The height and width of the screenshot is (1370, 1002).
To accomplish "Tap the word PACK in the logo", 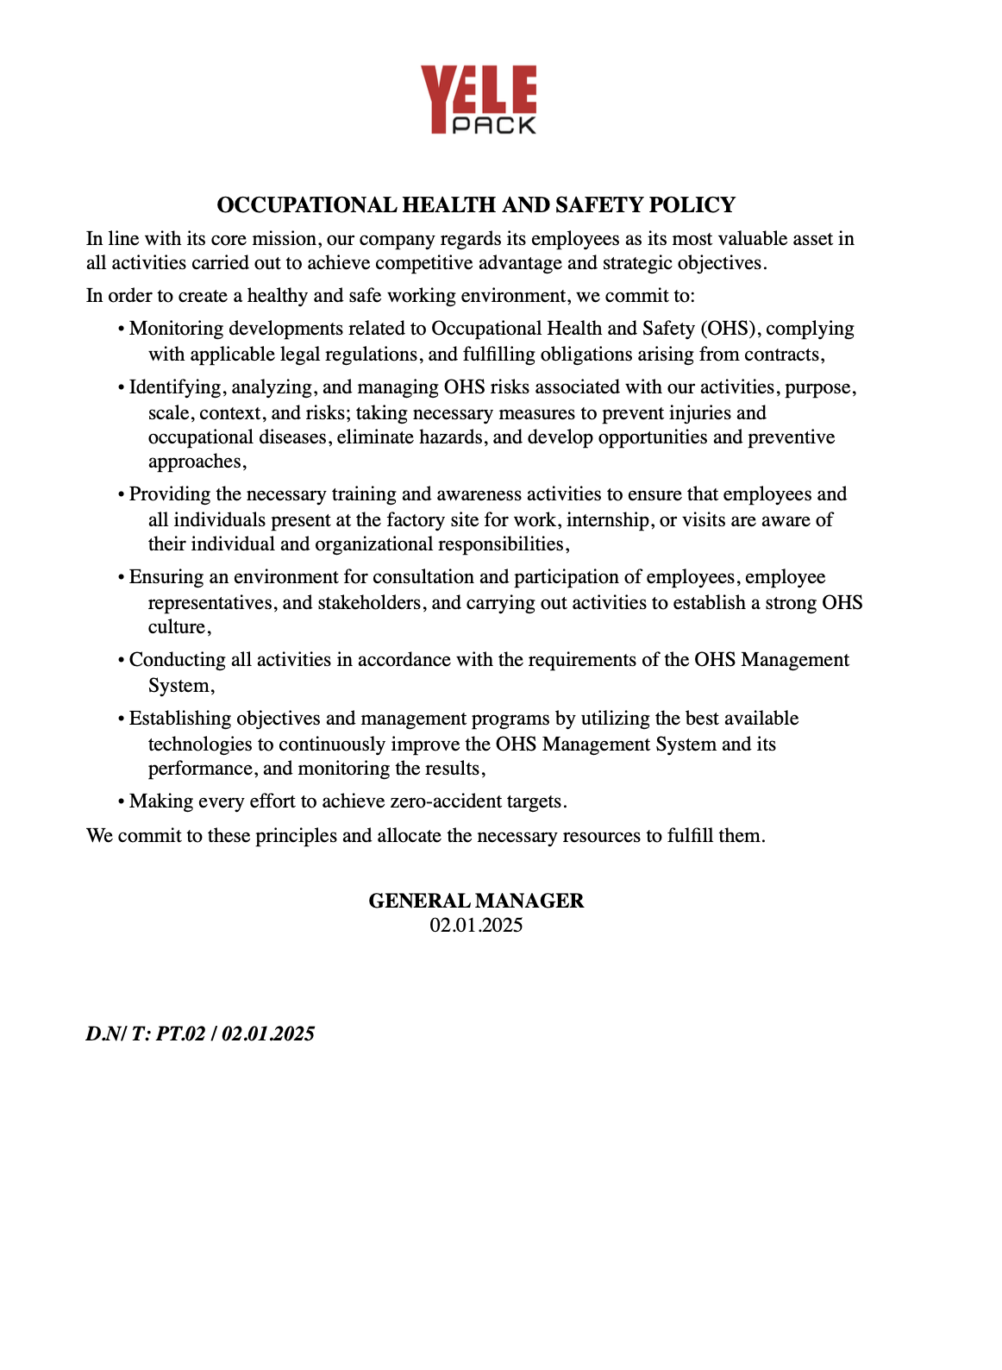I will (494, 125).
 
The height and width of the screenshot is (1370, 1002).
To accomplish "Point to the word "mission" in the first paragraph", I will (286, 239).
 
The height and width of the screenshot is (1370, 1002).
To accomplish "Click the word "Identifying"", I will (177, 387).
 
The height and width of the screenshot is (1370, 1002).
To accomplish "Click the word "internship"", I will (607, 520).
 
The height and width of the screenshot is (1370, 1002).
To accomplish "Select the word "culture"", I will (177, 627).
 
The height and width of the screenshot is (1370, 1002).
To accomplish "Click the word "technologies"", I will (200, 745).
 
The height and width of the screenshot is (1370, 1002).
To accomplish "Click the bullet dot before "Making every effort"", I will (122, 802).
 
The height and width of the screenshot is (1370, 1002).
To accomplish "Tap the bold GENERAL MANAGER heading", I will (476, 901).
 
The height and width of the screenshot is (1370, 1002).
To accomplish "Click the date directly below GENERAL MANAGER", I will (476, 926).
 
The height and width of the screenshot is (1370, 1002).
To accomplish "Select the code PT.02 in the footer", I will (181, 1034).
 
